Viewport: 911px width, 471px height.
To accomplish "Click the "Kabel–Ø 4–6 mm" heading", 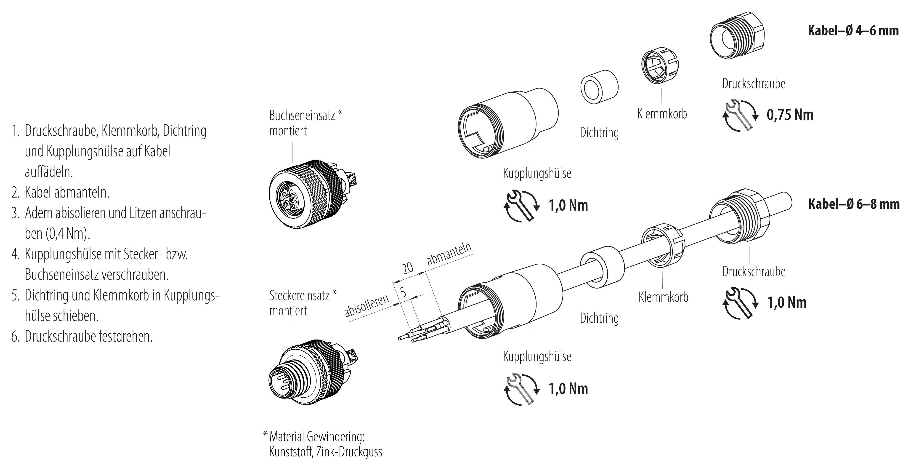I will pyautogui.click(x=853, y=31).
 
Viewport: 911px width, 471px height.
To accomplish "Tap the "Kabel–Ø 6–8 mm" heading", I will pyautogui.click(x=854, y=204).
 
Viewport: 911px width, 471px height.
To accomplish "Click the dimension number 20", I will pyautogui.click(x=408, y=268).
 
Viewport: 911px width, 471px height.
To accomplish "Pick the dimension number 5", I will pyautogui.click(x=403, y=292).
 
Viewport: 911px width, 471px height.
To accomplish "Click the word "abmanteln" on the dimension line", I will pyautogui.click(x=449, y=254).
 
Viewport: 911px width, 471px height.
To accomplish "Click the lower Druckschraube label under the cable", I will pyautogui.click(x=754, y=271).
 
